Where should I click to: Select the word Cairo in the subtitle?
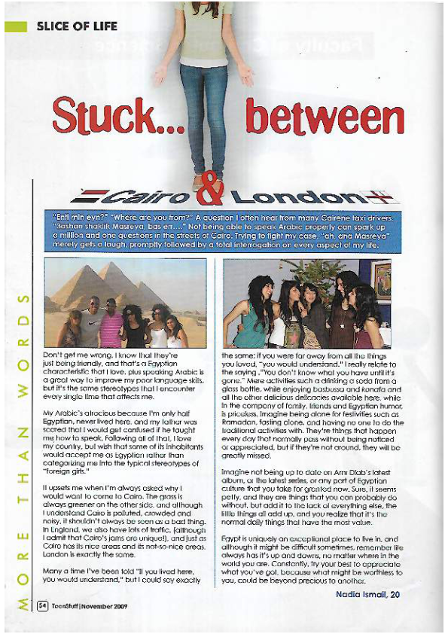pyautogui.click(x=147, y=198)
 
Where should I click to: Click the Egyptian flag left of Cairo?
pyautogui.click(x=93, y=198)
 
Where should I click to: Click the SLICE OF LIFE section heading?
pyautogui.click(x=77, y=26)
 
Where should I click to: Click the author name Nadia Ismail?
pyautogui.click(x=373, y=597)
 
